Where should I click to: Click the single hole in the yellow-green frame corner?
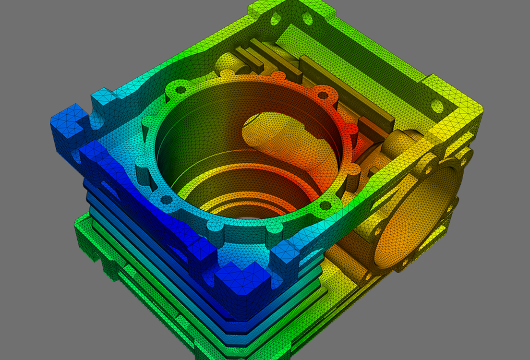click(437, 105)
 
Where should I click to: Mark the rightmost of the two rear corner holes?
click(307, 19)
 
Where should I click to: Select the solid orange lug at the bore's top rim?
click(277, 77)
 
